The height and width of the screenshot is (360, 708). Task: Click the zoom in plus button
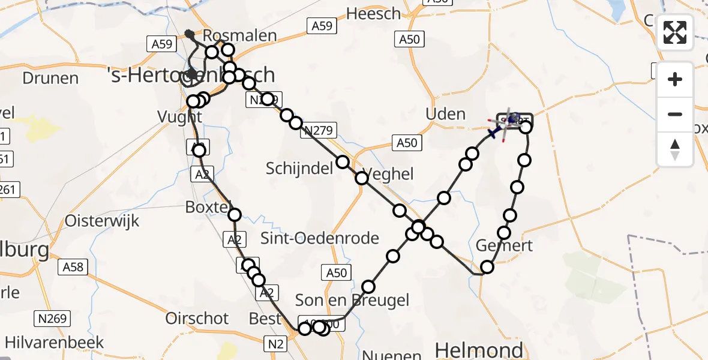tap(675, 79)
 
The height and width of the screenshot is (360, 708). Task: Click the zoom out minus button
tap(675, 114)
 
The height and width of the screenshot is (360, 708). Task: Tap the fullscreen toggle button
tap(675, 32)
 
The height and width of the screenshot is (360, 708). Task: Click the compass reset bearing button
tap(675, 149)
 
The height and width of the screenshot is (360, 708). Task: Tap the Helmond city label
tap(478, 349)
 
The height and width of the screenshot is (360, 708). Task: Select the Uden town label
tap(445, 114)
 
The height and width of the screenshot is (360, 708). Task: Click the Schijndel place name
tap(299, 169)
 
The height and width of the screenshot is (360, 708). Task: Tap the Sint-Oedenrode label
tap(319, 238)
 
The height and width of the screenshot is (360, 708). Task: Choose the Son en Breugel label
tap(352, 300)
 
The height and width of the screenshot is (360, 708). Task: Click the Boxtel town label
tap(208, 207)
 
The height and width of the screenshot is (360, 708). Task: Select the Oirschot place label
tap(197, 318)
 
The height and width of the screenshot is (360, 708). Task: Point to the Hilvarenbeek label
tap(52, 343)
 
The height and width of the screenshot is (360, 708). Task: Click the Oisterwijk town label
tap(102, 220)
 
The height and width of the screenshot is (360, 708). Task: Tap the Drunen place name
tap(50, 78)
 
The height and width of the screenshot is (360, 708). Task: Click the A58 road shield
tap(73, 266)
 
